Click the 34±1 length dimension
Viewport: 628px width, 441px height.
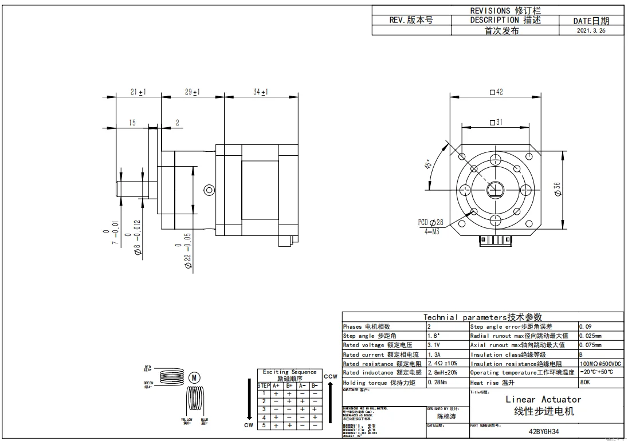pos(261,92)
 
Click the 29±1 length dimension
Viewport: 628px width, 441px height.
pos(192,92)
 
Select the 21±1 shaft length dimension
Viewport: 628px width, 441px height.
pos(138,92)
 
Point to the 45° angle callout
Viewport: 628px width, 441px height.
pos(428,164)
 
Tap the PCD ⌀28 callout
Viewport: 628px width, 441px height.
pos(430,222)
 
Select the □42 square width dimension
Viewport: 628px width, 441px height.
pos(496,92)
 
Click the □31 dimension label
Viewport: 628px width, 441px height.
pos(496,122)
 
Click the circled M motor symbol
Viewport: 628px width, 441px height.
pos(195,377)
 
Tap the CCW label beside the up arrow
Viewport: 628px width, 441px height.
pos(330,376)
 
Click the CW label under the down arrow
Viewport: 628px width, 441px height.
pos(248,426)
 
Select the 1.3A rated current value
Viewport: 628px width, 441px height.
pos(434,355)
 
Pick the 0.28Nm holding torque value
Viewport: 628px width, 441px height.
pos(437,382)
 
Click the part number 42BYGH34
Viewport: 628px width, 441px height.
pos(543,433)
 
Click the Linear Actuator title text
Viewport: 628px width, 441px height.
pos(543,399)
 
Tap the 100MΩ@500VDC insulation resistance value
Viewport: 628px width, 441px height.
pos(600,364)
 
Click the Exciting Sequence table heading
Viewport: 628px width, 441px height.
pos(289,372)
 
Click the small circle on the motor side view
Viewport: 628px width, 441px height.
pos(209,190)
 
